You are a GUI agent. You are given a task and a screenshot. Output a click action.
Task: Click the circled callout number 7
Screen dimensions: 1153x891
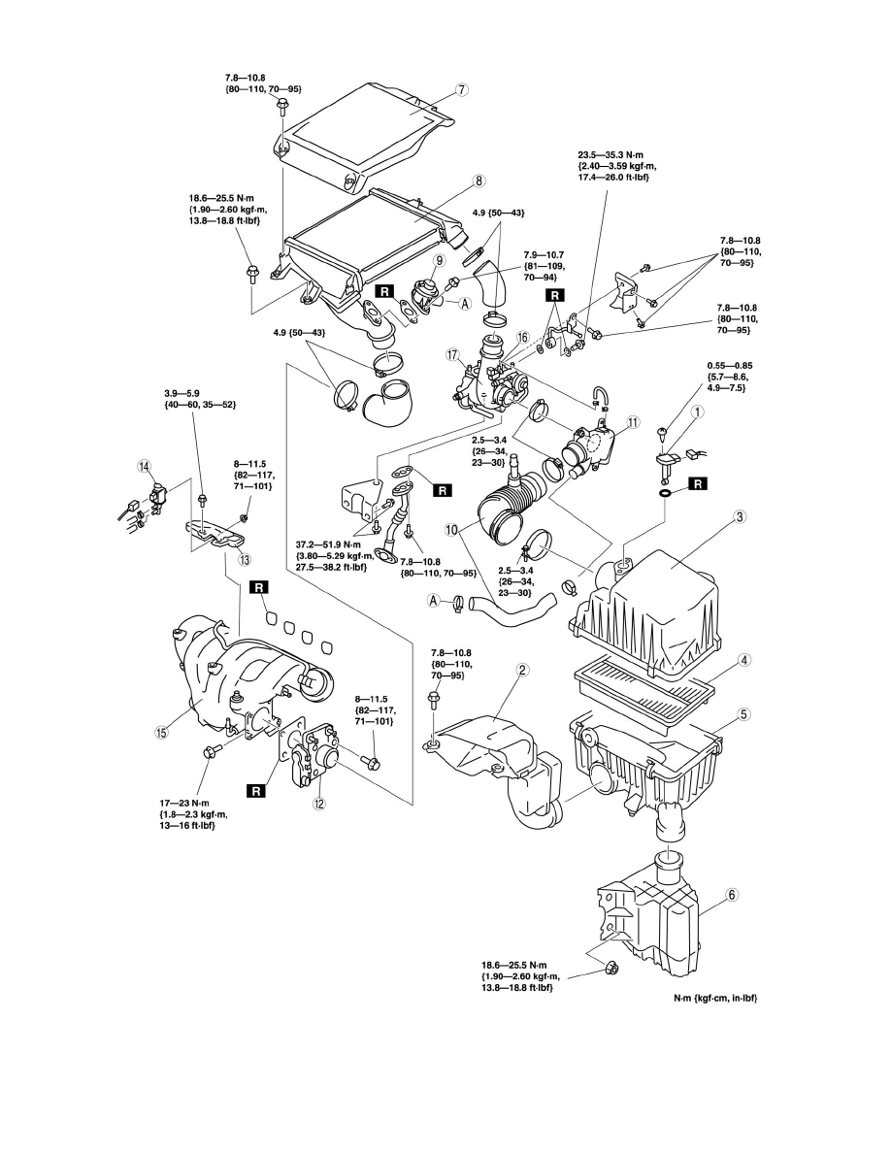click(463, 89)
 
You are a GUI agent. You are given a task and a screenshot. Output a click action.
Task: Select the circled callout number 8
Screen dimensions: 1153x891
click(478, 180)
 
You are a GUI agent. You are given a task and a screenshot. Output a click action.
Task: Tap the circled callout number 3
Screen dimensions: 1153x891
click(741, 517)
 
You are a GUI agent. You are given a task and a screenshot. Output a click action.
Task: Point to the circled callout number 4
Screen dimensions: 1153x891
click(744, 661)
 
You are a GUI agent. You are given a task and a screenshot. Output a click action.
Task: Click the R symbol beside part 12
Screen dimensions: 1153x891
click(256, 791)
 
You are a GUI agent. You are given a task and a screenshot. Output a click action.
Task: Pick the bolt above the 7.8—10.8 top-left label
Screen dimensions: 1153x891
click(282, 105)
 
